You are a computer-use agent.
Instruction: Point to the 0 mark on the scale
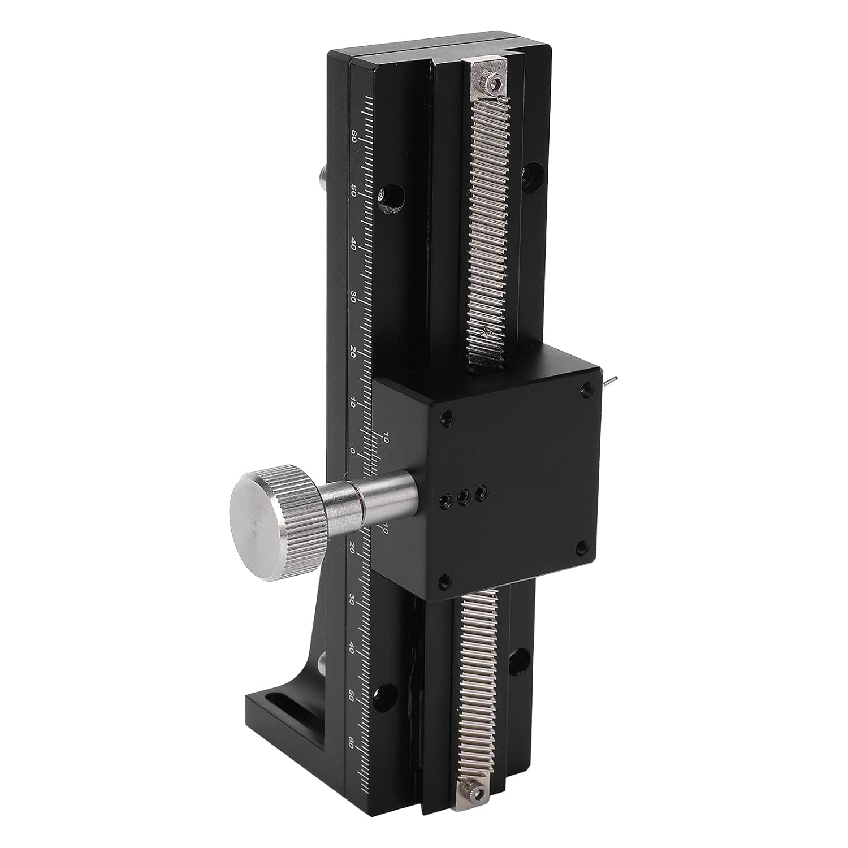pyautogui.click(x=353, y=451)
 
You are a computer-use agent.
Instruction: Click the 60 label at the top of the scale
pyautogui.click(x=353, y=136)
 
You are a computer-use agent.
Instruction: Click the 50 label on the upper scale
pyautogui.click(x=353, y=190)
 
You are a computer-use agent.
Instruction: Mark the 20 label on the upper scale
pyautogui.click(x=353, y=351)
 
